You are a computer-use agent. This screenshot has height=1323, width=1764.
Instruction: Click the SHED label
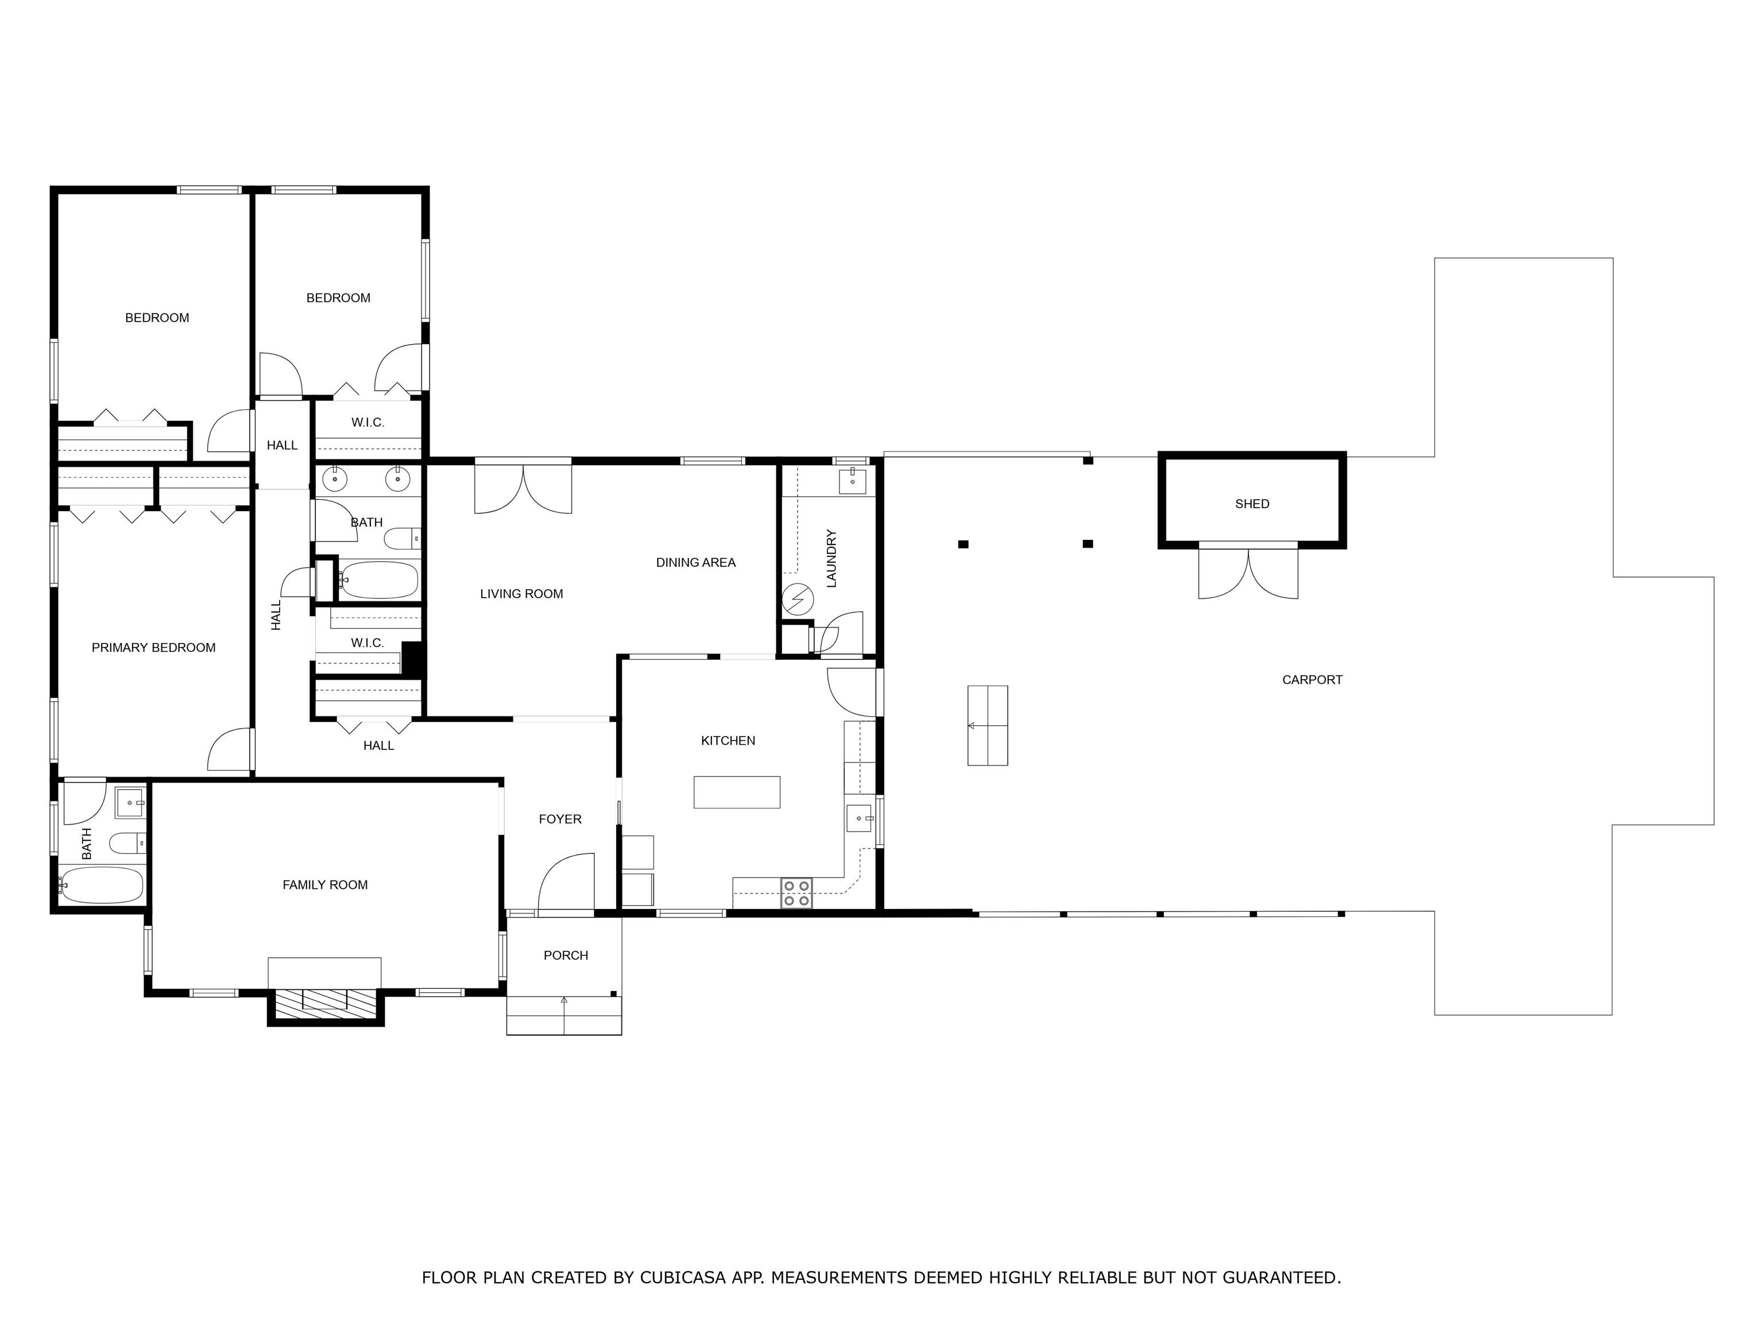(x=1252, y=504)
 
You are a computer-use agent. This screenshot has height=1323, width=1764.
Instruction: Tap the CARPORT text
(x=1312, y=680)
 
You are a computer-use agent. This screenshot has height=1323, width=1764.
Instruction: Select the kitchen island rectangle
(x=737, y=792)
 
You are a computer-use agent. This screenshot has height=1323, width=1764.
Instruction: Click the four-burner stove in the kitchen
(x=796, y=893)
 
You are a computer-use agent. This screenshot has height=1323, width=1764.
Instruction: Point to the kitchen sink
(x=859, y=818)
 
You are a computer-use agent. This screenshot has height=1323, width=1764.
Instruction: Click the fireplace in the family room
(x=324, y=999)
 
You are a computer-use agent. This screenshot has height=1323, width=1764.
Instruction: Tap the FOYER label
(x=560, y=819)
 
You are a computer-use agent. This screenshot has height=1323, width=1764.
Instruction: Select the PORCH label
(x=566, y=955)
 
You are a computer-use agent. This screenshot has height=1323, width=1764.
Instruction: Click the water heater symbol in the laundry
(x=798, y=599)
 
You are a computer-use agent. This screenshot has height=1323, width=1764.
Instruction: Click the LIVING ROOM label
(x=521, y=594)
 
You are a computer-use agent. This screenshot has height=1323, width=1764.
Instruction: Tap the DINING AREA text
(x=695, y=563)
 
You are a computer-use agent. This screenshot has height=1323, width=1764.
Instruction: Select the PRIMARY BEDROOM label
(x=153, y=648)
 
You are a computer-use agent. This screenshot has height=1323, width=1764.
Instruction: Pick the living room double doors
(x=523, y=488)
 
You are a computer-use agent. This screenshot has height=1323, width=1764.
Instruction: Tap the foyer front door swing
(x=566, y=884)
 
